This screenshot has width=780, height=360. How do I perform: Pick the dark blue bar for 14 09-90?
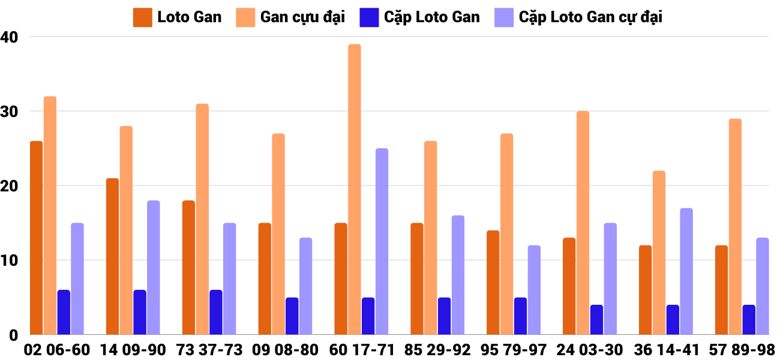point(140,312)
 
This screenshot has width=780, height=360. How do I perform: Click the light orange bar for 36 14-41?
point(659,253)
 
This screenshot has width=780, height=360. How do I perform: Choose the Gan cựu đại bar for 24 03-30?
point(583,223)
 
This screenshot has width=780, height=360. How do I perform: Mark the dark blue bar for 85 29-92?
point(444,316)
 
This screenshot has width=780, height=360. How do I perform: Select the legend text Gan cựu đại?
point(302,17)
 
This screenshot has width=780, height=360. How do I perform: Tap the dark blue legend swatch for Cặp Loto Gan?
point(367,17)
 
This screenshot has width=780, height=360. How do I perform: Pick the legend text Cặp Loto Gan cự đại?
point(590,17)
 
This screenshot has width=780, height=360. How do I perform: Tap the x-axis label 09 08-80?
point(284,349)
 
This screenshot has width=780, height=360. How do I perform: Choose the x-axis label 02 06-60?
point(56,349)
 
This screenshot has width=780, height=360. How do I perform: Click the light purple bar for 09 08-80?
point(305,286)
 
